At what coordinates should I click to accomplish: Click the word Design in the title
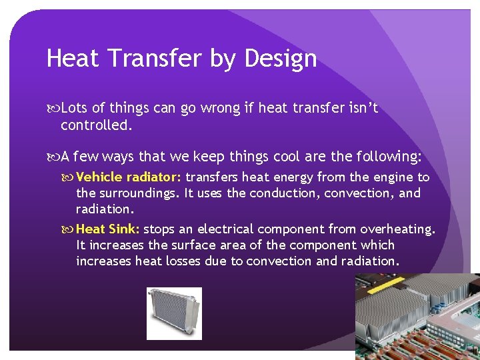[280, 59]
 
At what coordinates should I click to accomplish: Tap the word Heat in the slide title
[73, 59]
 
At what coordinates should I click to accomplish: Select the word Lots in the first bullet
[74, 108]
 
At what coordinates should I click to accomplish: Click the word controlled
[96, 125]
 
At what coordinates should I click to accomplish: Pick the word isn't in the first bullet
[361, 108]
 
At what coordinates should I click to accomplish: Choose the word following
[391, 157]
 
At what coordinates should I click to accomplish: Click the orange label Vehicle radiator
[129, 177]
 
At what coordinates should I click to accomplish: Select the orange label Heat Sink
[108, 229]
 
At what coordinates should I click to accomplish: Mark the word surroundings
[137, 193]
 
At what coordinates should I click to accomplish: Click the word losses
[182, 261]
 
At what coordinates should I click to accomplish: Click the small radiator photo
[174, 313]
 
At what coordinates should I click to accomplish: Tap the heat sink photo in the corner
[417, 317]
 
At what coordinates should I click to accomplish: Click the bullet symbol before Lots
[53, 108]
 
